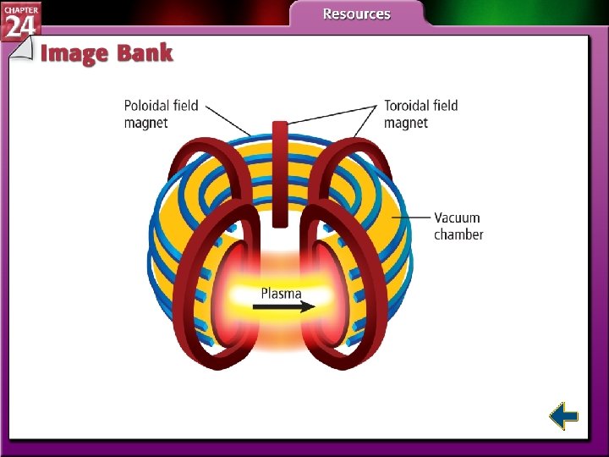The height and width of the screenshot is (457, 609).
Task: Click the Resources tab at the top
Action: coord(356,14)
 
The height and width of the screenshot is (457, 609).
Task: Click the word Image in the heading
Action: coord(75,53)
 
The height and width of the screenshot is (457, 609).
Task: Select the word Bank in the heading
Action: coord(145,53)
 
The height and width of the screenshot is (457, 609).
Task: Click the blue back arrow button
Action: coord(563,416)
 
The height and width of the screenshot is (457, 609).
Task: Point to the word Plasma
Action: coord(282,294)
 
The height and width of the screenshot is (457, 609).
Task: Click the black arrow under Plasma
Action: coord(283,308)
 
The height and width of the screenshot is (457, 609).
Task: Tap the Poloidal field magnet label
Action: coord(161,114)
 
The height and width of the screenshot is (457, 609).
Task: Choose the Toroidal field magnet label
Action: coord(420,114)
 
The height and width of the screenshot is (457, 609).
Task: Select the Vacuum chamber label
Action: coord(458,226)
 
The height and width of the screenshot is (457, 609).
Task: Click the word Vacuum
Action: coord(458,217)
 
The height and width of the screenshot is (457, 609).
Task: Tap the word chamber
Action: coord(458,234)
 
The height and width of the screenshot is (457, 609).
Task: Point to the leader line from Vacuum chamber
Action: coord(414,217)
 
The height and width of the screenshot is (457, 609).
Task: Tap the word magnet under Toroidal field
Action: coord(406,123)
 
